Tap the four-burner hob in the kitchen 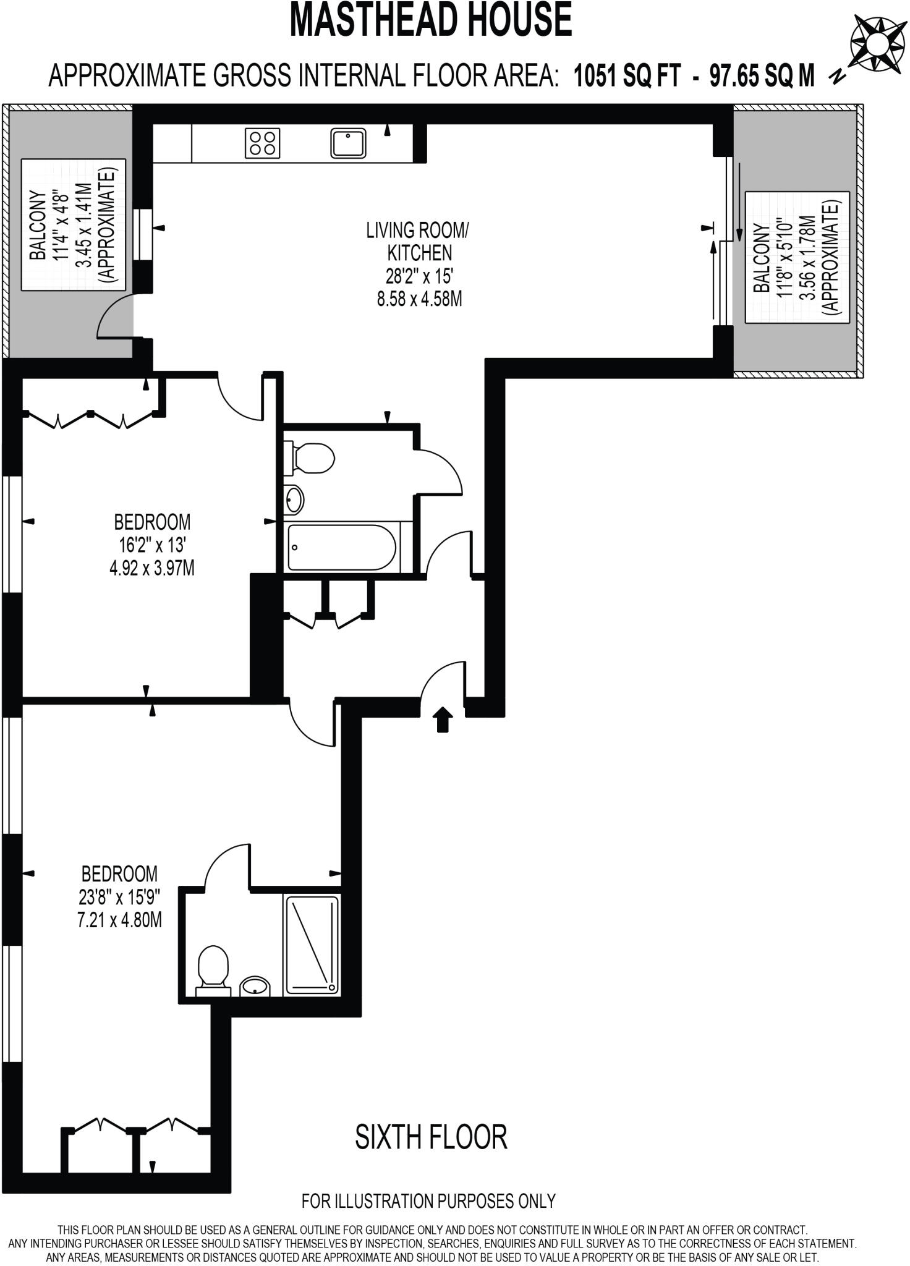point(263,143)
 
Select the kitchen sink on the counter point(348,143)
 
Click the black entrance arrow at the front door point(443,720)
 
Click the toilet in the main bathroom point(309,458)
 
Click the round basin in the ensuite point(254,986)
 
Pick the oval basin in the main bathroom point(294,499)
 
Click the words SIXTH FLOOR point(431,1137)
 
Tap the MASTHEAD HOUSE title point(431,20)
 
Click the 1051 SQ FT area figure point(627,77)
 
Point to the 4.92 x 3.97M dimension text point(152,568)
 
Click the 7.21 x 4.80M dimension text point(119,920)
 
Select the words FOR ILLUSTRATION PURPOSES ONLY point(428,1201)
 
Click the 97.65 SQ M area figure point(762,77)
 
